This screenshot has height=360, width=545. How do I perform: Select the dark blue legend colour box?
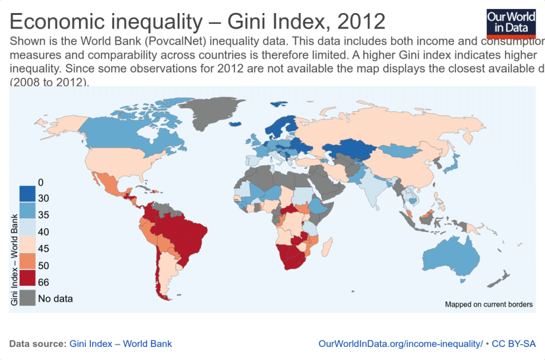click(27, 194)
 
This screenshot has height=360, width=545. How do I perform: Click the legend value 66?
click(43, 282)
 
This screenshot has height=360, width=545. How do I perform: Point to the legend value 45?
click(43, 248)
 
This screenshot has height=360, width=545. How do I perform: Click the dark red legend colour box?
click(27, 277)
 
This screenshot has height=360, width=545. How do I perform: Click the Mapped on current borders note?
click(489, 304)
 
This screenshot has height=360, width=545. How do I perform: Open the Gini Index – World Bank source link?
click(121, 343)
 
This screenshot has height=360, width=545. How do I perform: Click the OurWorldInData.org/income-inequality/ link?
click(400, 343)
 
